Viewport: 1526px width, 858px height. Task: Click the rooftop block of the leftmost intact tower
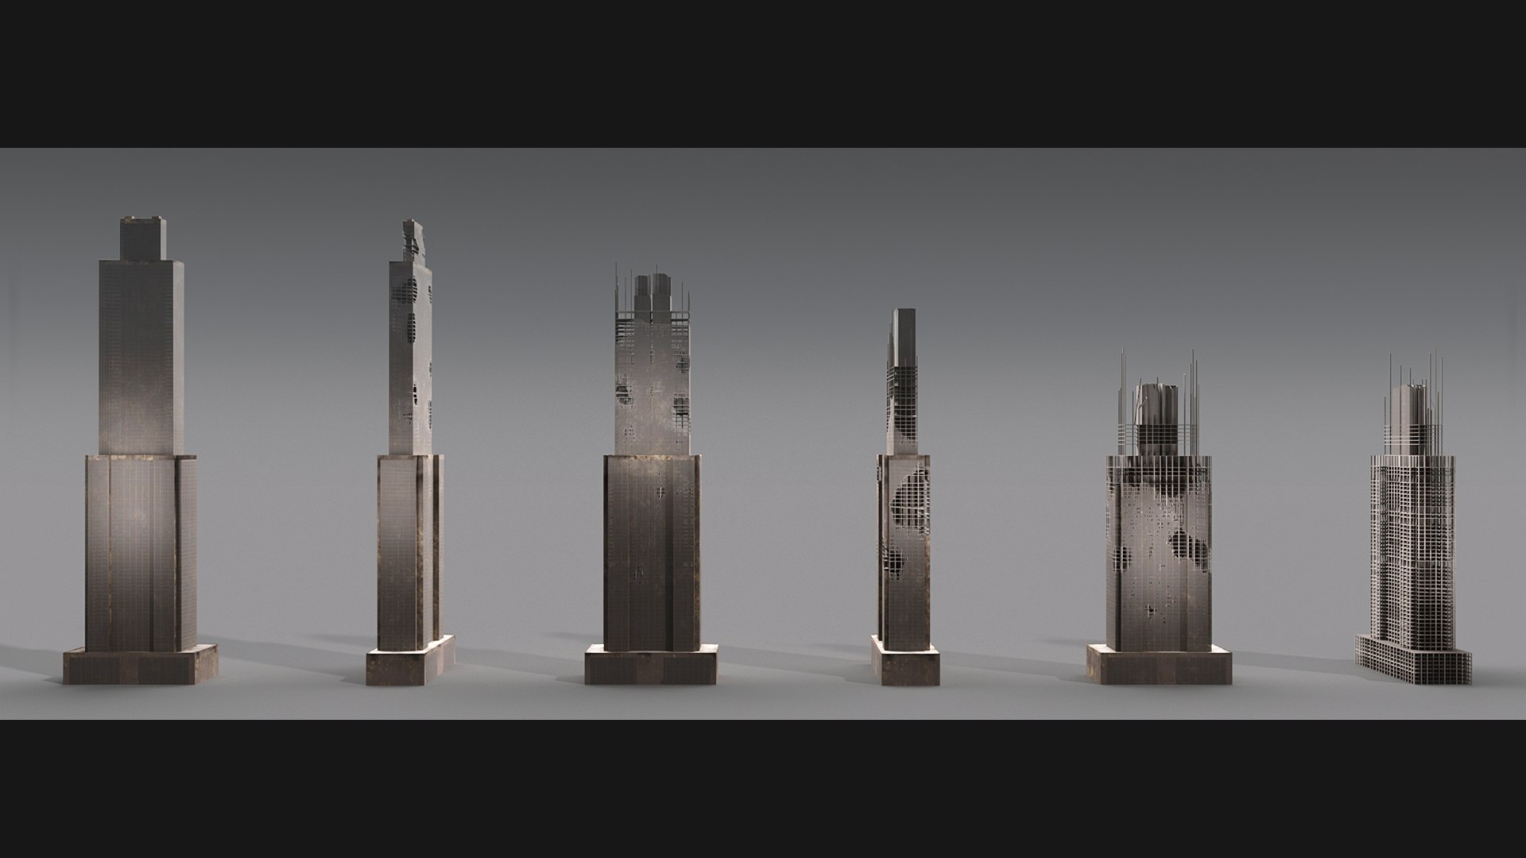[143, 237]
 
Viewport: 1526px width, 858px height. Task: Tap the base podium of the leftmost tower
[140, 665]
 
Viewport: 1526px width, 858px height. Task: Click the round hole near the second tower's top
[409, 286]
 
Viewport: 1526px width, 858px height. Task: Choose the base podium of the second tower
[411, 659]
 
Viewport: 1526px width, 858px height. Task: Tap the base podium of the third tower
[651, 664]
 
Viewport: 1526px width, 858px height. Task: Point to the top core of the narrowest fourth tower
[904, 334]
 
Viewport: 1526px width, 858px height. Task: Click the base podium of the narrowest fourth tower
[905, 666]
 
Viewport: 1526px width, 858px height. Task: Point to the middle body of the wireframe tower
[1412, 540]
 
